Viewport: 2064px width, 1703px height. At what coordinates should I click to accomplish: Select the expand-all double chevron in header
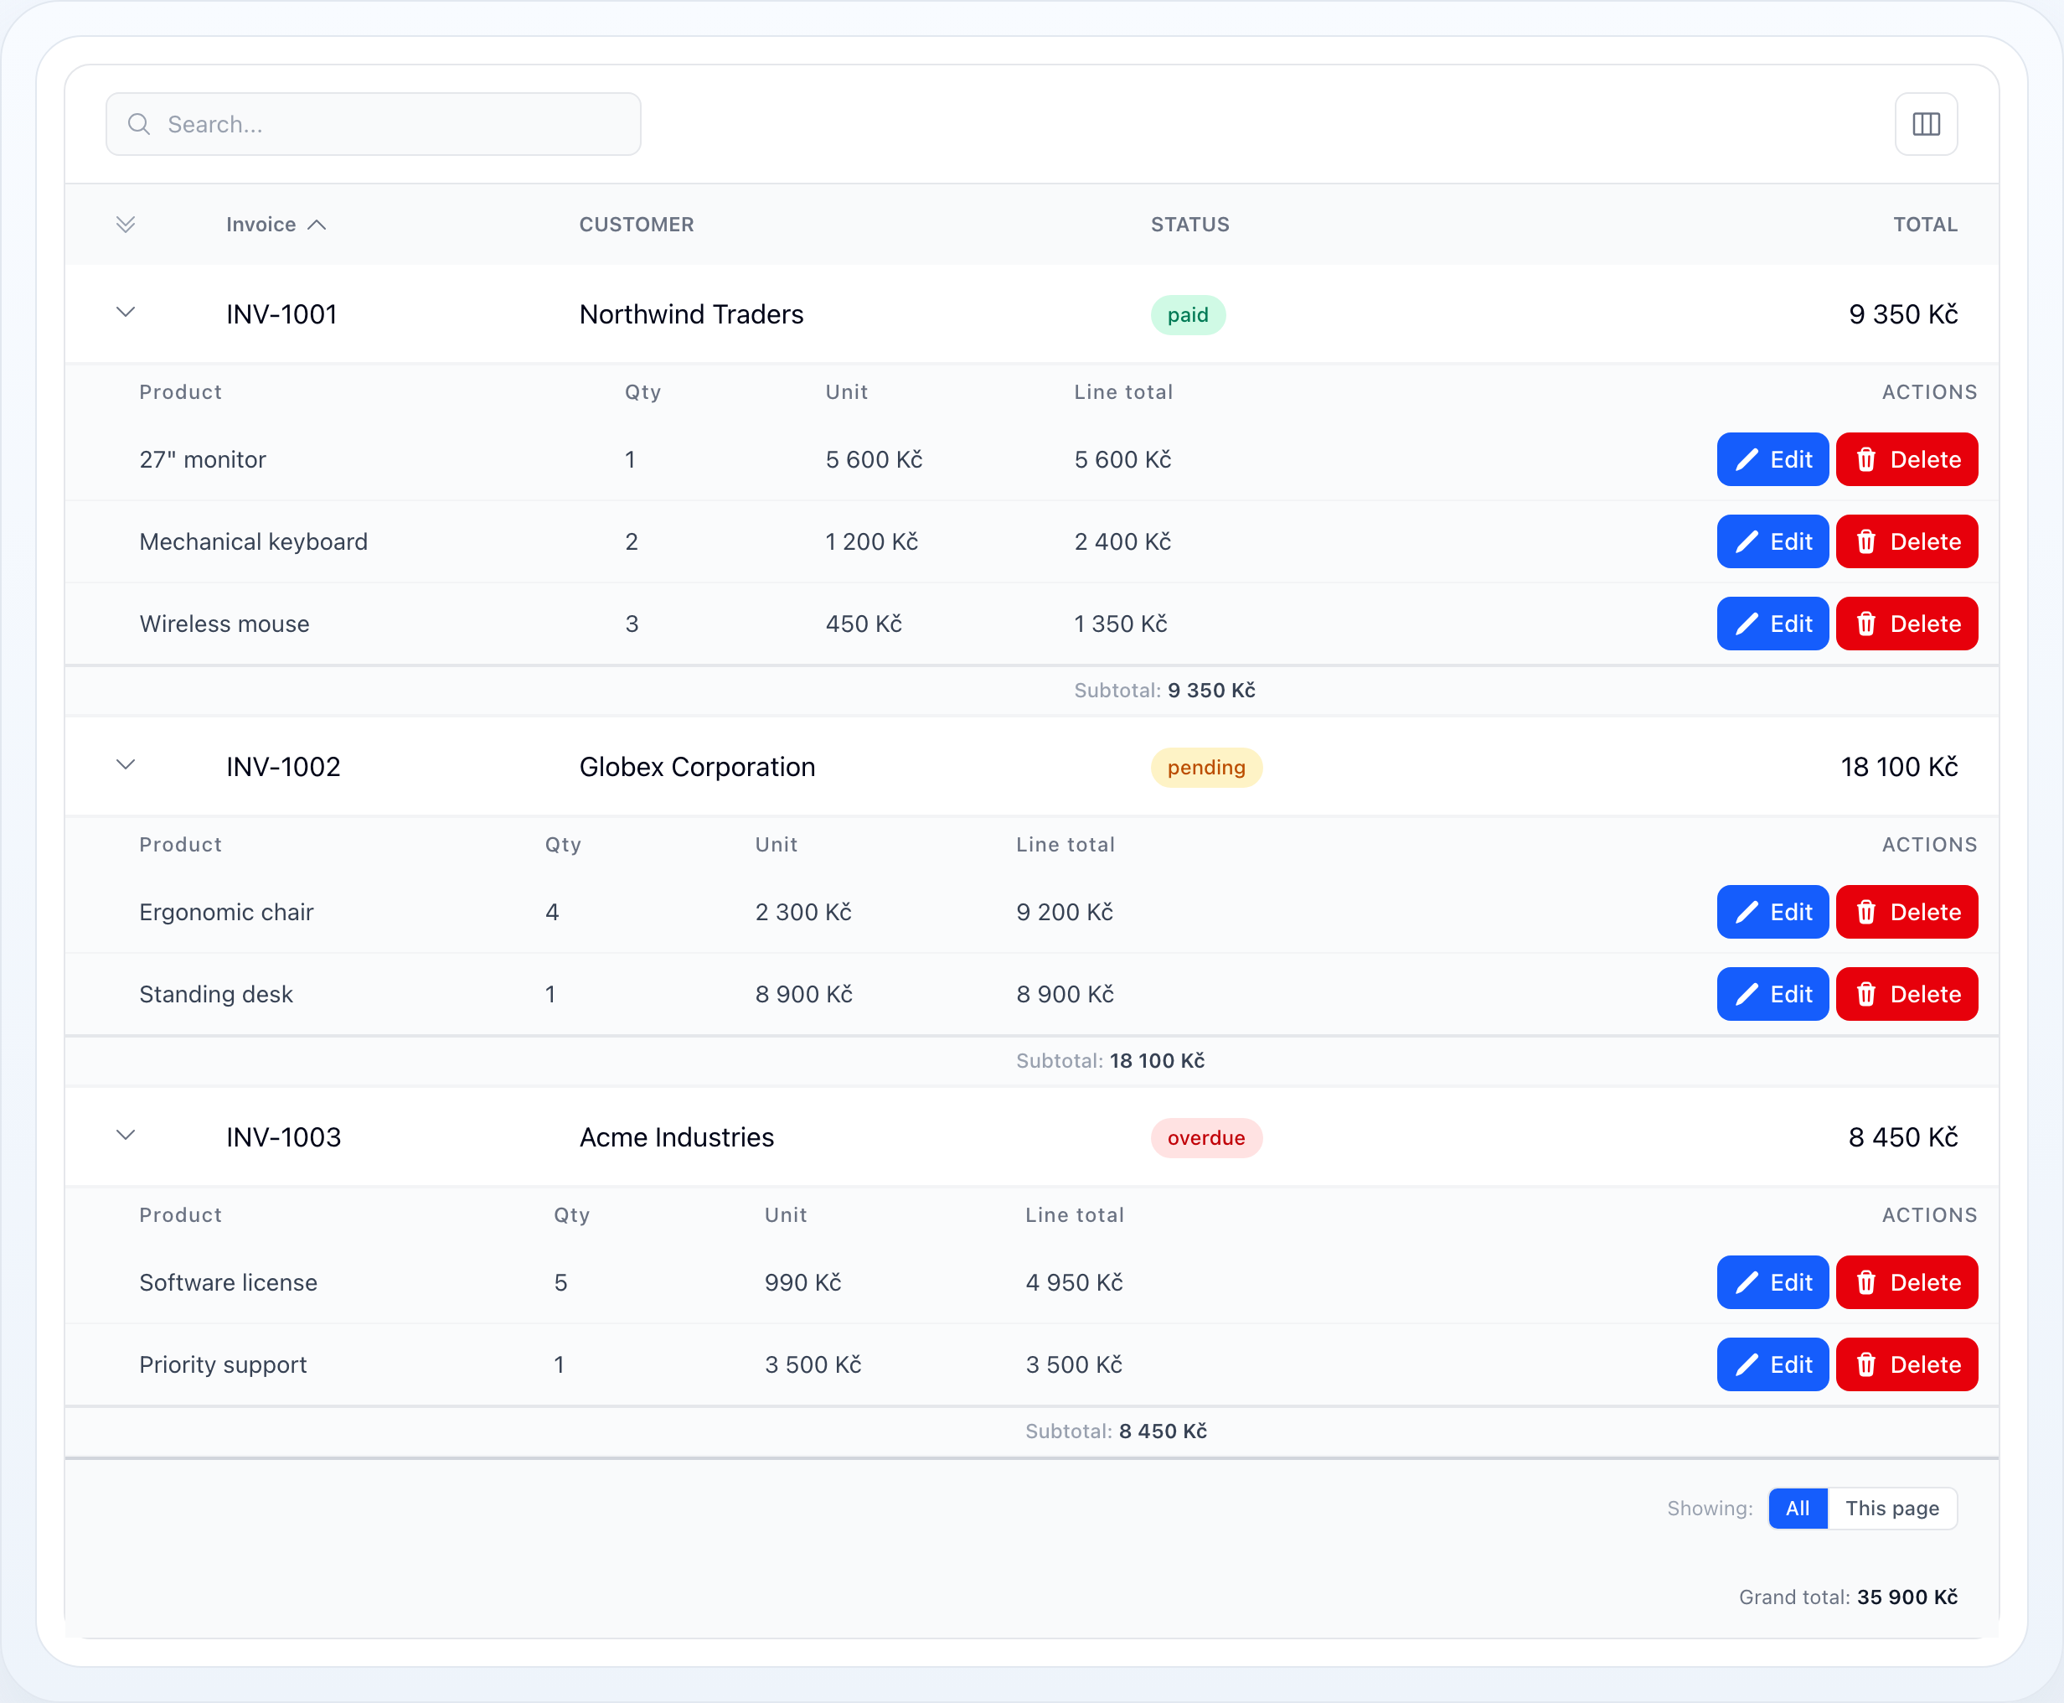tap(126, 225)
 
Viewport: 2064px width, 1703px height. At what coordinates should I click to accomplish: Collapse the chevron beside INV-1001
tap(126, 313)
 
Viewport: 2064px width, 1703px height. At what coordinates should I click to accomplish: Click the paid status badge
tap(1188, 315)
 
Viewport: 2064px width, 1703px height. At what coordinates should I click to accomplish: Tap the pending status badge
tap(1206, 767)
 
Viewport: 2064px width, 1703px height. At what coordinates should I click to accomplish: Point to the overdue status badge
tap(1206, 1138)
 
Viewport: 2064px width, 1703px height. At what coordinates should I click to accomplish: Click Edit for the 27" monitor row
tap(1772, 459)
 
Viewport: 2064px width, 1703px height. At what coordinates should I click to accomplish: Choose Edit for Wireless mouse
tap(1772, 624)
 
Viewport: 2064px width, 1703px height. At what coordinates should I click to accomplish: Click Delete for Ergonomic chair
tap(1907, 913)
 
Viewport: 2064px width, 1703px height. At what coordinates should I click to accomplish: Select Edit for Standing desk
tap(1772, 995)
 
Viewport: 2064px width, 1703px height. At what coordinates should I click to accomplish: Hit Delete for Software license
tap(1907, 1282)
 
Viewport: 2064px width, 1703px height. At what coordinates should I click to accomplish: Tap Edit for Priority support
tap(1772, 1364)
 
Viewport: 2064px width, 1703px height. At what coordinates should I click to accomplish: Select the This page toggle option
tap(1892, 1509)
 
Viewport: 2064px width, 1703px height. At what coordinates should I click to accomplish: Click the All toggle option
tap(1798, 1509)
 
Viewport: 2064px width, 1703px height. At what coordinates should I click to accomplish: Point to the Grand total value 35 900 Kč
tap(1907, 1597)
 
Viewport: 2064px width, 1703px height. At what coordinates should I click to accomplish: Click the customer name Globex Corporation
tap(697, 767)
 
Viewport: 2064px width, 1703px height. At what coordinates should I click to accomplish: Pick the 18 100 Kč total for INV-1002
tap(1899, 767)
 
